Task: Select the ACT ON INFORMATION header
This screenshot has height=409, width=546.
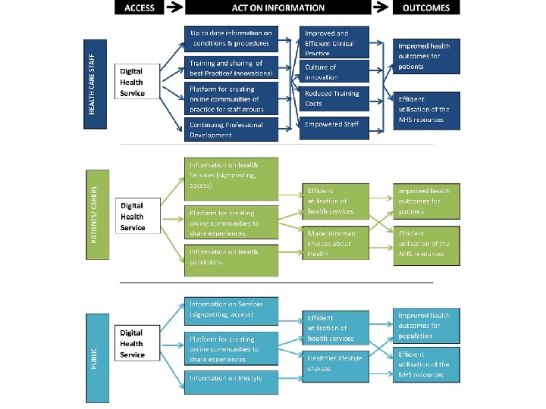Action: pyautogui.click(x=278, y=8)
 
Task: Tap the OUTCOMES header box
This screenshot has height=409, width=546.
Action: pyautogui.click(x=426, y=8)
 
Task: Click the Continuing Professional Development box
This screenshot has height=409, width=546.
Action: pyautogui.click(x=231, y=130)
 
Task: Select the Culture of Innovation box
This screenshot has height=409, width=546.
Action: pyautogui.click(x=334, y=73)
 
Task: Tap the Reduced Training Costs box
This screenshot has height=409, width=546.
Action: pyautogui.click(x=334, y=98)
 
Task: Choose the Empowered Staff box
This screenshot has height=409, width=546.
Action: pyautogui.click(x=334, y=125)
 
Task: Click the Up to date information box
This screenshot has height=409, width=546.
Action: pyautogui.click(x=231, y=38)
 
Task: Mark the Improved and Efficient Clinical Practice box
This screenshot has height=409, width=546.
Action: pyautogui.click(x=334, y=42)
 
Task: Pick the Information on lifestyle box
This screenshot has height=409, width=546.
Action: pyautogui.click(x=231, y=378)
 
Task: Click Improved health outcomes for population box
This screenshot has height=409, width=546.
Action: pyautogui.click(x=427, y=325)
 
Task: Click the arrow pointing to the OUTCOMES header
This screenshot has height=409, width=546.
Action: pyautogui.click(x=381, y=8)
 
